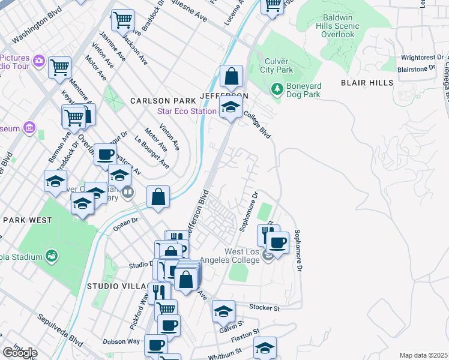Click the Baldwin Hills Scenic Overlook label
tap(332, 26)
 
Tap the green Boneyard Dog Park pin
tap(277, 88)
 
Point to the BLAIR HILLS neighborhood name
tap(367, 83)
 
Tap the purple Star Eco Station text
tap(187, 111)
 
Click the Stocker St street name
tap(268, 308)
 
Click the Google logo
tap(20, 352)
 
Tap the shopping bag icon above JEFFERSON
tap(231, 77)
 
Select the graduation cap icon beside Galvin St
tap(223, 311)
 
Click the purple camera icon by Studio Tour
tap(39, 60)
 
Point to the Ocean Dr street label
tap(126, 221)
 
